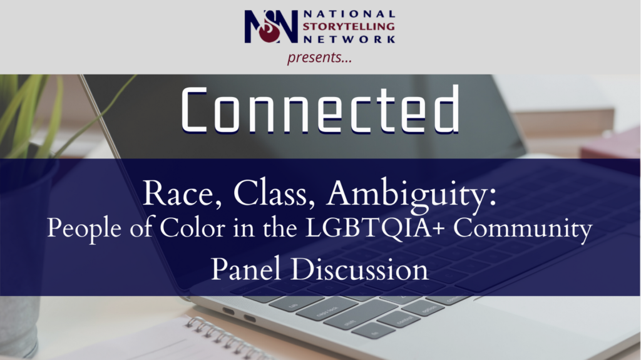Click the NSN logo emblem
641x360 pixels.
click(x=271, y=26)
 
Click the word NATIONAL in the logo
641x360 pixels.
click(x=349, y=14)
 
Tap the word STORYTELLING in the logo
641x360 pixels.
click(x=349, y=26)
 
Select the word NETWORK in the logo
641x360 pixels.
click(x=349, y=39)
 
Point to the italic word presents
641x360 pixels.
click(x=319, y=57)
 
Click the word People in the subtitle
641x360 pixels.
click(x=84, y=229)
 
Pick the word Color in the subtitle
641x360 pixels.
click(x=192, y=228)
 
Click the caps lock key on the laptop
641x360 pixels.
click(x=327, y=308)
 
